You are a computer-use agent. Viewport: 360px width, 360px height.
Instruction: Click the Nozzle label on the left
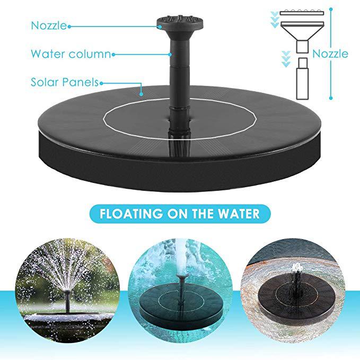pos(49,25)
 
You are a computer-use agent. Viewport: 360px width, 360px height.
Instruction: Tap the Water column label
pos(70,54)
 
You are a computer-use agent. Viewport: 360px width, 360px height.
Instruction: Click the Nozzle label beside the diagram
pos(330,54)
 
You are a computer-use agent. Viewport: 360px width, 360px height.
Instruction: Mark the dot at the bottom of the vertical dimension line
pos(331,97)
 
